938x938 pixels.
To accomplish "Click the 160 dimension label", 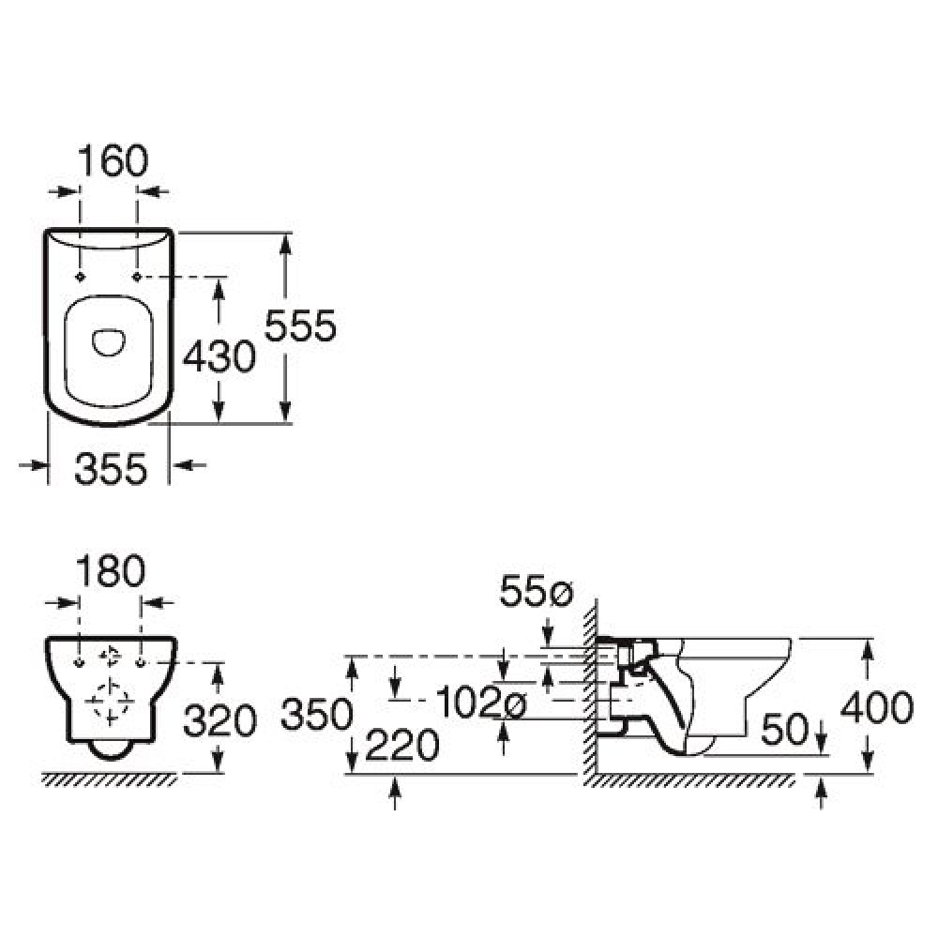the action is point(113,160).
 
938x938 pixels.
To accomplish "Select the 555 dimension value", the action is point(300,326).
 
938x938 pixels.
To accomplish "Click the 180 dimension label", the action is point(111,571).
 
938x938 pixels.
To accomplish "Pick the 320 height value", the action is point(219,720).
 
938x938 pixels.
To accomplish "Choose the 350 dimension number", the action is point(316,714).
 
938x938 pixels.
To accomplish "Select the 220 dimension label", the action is point(402,746).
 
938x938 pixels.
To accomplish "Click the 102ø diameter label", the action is point(481,702).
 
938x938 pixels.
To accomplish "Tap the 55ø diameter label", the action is point(537,592).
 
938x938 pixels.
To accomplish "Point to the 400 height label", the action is point(877,707).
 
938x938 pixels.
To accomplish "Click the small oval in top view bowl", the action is point(109,341).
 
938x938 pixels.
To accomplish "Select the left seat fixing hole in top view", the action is point(80,277).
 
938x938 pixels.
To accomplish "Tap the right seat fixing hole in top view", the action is point(137,277).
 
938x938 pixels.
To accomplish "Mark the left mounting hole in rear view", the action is point(80,663).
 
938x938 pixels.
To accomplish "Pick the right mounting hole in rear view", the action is point(142,663).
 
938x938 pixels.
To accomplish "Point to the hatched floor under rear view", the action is point(110,779).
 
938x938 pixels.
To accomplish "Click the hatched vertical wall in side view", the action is point(590,687).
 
